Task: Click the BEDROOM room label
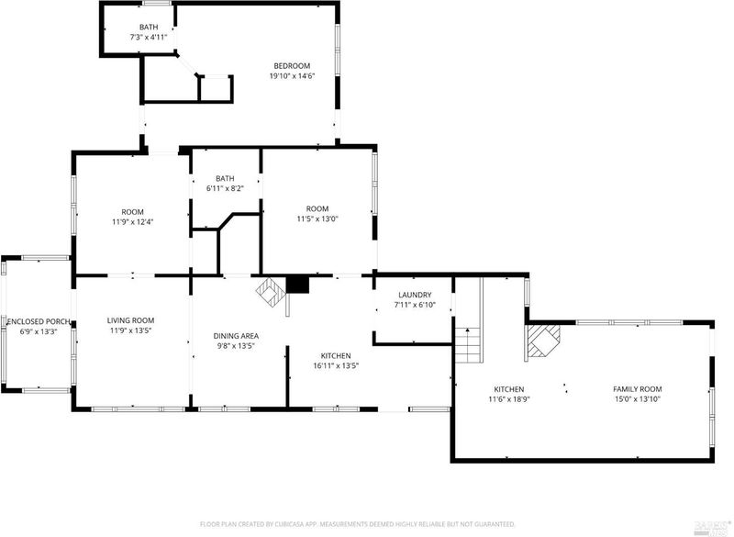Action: [292, 66]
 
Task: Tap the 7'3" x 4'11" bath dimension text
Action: [149, 37]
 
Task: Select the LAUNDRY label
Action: [415, 295]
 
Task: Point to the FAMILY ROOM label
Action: [638, 389]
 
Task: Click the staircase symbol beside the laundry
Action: [469, 344]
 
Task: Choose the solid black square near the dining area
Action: [297, 285]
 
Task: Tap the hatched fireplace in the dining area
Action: [270, 293]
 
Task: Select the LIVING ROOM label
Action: [130, 320]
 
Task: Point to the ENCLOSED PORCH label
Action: [39, 322]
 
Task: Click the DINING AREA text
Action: [236, 336]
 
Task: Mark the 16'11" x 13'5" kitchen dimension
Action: [336, 366]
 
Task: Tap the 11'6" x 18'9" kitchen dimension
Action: [509, 399]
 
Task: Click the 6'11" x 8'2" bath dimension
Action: [225, 189]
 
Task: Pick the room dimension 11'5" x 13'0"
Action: [317, 218]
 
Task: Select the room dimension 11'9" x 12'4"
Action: [132, 222]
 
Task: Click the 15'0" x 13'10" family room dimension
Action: [638, 399]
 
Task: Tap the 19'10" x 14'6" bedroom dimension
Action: [292, 76]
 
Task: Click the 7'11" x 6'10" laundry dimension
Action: [415, 306]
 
